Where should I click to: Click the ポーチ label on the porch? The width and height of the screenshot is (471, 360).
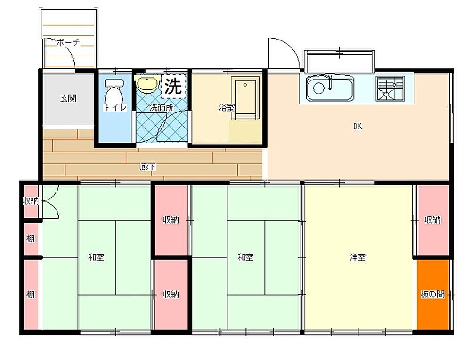pyautogui.click(x=68, y=43)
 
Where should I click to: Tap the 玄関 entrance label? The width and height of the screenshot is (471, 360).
pyautogui.click(x=68, y=98)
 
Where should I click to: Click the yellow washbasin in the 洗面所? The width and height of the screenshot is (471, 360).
pyautogui.click(x=147, y=83)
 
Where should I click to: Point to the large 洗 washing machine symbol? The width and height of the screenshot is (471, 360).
pyautogui.click(x=174, y=86)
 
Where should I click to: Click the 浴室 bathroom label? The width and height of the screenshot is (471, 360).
pyautogui.click(x=226, y=107)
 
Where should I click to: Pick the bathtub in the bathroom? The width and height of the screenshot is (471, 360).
pyautogui.click(x=245, y=98)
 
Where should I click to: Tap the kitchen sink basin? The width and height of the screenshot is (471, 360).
pyautogui.click(x=330, y=88)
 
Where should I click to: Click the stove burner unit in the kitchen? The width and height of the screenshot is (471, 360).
pyautogui.click(x=390, y=88)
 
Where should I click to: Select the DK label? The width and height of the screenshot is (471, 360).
pyautogui.click(x=357, y=127)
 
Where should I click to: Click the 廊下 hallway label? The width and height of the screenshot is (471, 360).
pyautogui.click(x=148, y=167)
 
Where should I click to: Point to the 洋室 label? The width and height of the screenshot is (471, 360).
pyautogui.click(x=357, y=257)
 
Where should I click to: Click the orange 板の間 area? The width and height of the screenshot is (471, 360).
pyautogui.click(x=433, y=295)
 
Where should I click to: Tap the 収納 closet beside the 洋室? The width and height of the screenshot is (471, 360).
pyautogui.click(x=433, y=220)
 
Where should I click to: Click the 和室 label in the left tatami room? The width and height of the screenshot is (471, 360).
pyautogui.click(x=96, y=257)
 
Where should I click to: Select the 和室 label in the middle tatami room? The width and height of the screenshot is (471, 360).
pyautogui.click(x=245, y=257)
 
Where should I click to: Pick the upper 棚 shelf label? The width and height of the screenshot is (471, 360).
pyautogui.click(x=30, y=239)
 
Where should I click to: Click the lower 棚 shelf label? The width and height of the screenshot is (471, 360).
pyautogui.click(x=30, y=295)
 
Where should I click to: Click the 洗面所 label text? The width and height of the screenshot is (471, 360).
pyautogui.click(x=162, y=107)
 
